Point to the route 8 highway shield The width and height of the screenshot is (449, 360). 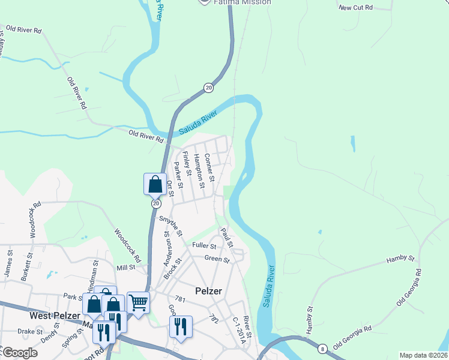322,349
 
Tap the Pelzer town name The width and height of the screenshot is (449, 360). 209,291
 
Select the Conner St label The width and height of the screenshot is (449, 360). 209,167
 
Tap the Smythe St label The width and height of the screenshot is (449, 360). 170,225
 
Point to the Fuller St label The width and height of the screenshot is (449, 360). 204,245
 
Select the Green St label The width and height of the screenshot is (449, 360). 217,259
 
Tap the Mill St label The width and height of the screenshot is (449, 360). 127,268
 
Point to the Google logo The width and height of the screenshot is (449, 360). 20,353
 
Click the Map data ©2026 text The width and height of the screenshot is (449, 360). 423,355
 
